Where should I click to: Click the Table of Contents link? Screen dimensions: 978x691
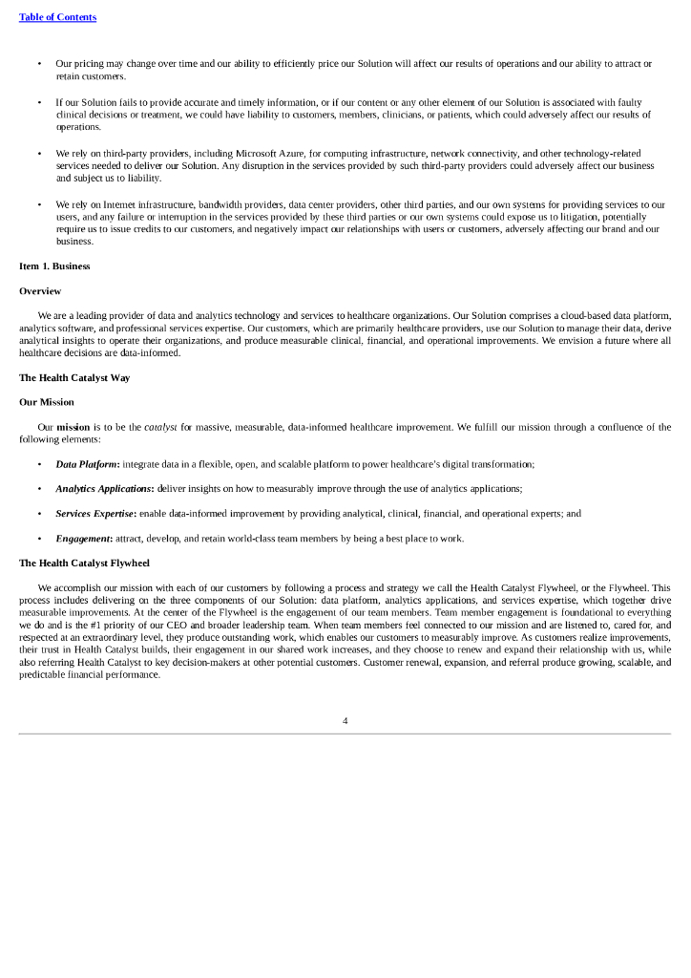[57, 17]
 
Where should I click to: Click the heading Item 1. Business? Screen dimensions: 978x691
[54, 266]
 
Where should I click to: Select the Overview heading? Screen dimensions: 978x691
[40, 290]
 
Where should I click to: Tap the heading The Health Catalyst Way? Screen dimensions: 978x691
[74, 377]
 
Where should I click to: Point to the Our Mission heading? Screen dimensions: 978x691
[46, 402]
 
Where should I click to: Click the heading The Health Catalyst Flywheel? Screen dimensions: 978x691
[84, 563]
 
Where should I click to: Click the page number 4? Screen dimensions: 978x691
[345, 720]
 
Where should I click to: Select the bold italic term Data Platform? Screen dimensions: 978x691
[87, 463]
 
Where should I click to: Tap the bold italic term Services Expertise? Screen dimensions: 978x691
[95, 513]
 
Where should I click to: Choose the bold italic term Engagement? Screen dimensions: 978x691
[83, 538]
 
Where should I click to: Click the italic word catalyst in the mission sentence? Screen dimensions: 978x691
[160, 427]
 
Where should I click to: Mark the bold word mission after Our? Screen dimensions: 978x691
[73, 427]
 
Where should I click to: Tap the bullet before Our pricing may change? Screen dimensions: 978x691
[39, 63]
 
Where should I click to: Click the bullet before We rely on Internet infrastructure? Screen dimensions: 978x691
[39, 204]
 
